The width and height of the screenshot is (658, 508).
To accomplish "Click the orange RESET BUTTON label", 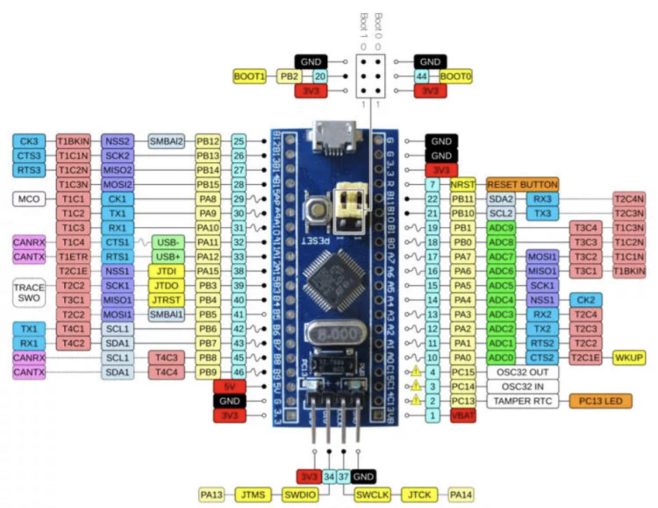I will click(522, 185).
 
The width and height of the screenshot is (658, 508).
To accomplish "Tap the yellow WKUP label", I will click(629, 358).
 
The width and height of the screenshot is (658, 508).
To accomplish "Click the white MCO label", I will click(29, 199).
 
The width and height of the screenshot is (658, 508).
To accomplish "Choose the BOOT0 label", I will click(455, 76).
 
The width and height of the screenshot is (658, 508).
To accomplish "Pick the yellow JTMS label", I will click(253, 495).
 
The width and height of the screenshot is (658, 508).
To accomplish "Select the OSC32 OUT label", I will click(522, 372).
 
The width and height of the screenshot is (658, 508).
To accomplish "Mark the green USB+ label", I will click(168, 257).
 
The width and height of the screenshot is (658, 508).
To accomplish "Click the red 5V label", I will click(229, 386).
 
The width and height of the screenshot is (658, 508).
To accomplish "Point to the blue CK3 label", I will click(29, 141).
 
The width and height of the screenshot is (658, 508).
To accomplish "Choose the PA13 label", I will click(211, 495).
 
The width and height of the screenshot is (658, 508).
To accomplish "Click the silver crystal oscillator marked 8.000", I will click(330, 336).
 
